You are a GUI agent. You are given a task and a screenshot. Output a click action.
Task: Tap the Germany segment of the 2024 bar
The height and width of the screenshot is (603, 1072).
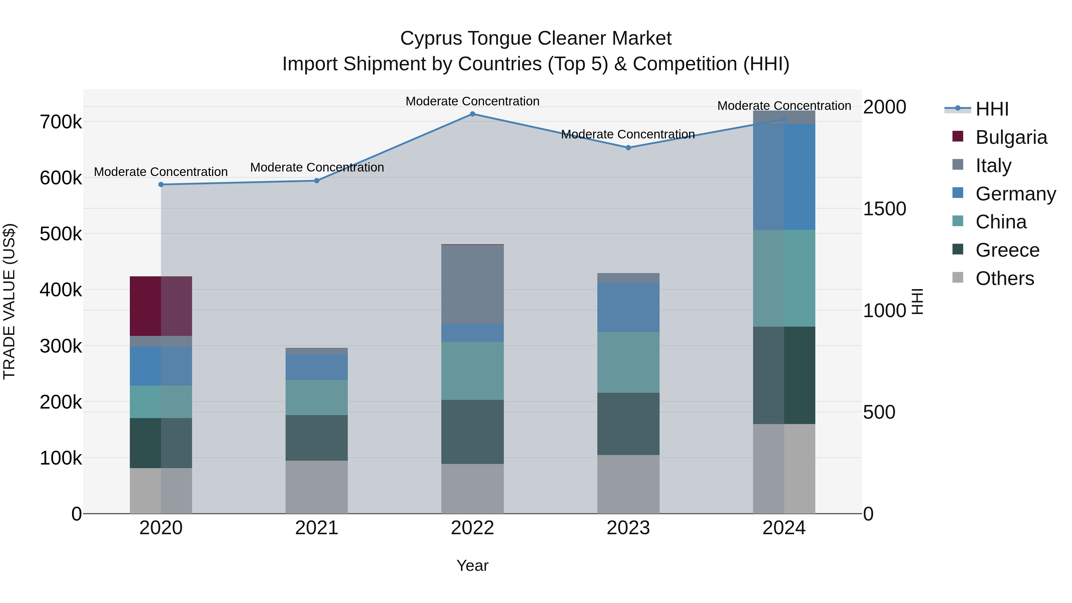(x=784, y=177)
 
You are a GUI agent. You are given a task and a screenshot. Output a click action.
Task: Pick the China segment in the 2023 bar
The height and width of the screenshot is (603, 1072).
(x=628, y=362)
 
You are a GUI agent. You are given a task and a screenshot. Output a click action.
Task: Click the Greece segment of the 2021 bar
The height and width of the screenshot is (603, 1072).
(x=316, y=437)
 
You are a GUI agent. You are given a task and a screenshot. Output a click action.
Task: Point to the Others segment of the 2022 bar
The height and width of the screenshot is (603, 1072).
(x=472, y=489)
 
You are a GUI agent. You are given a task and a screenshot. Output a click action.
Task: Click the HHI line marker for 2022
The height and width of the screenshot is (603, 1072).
(x=472, y=114)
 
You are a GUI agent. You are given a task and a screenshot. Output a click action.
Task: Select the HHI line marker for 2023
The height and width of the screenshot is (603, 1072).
(x=628, y=148)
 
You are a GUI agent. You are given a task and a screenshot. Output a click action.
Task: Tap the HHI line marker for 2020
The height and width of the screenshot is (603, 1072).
(x=161, y=184)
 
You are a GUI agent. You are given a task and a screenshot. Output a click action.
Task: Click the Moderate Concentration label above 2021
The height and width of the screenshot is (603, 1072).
(x=317, y=167)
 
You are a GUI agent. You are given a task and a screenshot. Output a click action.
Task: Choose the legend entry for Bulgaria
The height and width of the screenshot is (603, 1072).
(x=1011, y=137)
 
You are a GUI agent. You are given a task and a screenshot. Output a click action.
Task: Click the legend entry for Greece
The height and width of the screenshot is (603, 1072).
(x=1007, y=250)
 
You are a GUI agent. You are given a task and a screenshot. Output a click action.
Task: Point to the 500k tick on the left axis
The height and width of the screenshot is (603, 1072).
(x=61, y=234)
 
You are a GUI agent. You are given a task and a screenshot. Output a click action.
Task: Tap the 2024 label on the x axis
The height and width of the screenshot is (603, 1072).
(x=784, y=528)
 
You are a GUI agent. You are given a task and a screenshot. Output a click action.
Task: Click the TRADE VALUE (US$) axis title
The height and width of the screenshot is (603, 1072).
(x=10, y=301)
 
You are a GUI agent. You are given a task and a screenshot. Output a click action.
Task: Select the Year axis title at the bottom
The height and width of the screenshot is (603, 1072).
(x=472, y=565)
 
